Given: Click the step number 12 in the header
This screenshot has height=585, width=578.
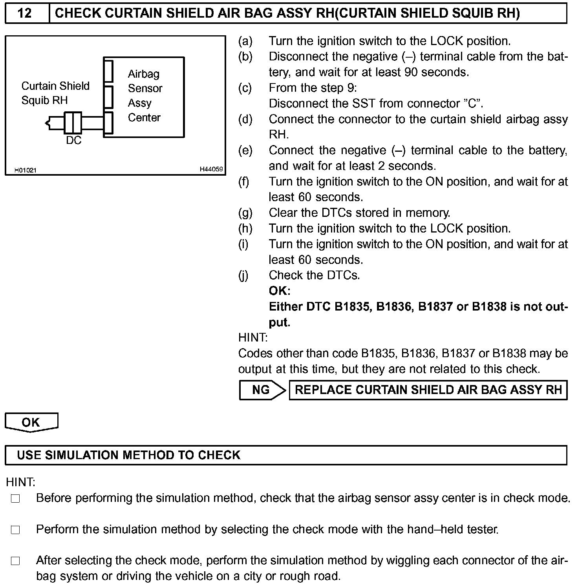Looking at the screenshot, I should [x=25, y=13].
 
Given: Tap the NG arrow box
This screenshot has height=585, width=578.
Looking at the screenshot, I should [x=262, y=390].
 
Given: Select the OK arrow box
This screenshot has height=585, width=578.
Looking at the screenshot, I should [x=31, y=422].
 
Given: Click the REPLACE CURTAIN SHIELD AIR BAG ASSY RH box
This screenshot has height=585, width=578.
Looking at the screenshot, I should [x=428, y=390].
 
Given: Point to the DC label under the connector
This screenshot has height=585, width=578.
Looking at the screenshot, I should [x=73, y=140].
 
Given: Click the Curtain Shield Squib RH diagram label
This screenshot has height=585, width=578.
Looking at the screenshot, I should [x=55, y=93].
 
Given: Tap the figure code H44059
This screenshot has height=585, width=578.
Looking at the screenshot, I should [x=211, y=169].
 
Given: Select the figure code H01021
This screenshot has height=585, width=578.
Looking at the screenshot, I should [x=26, y=170].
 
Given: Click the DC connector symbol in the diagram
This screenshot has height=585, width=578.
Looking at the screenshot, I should [x=73, y=122].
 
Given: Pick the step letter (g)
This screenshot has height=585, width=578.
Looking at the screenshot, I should [x=245, y=213].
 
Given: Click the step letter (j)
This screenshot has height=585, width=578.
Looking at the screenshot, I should [x=243, y=275].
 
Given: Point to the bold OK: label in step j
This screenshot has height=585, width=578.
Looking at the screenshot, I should [x=280, y=291].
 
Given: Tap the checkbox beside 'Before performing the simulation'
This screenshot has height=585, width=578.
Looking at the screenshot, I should [x=15, y=499].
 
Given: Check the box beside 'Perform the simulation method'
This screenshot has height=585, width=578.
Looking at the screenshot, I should [x=15, y=530].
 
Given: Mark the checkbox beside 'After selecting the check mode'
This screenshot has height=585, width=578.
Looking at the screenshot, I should [x=15, y=561].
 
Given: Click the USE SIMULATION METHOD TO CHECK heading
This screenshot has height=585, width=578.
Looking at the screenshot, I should [x=129, y=455].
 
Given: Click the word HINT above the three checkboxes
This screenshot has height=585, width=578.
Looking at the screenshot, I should [x=21, y=482].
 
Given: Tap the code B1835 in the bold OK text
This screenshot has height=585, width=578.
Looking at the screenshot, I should [x=352, y=307].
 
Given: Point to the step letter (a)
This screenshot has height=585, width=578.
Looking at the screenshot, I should [x=245, y=41].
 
